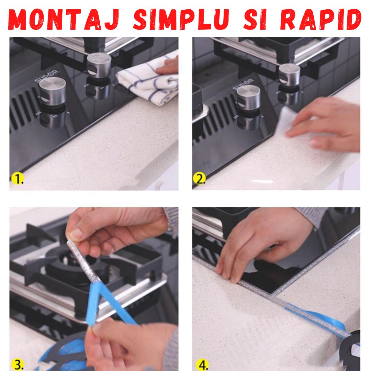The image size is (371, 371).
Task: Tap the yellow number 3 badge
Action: pos(18,364)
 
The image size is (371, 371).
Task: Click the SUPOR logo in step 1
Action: pos(46,76)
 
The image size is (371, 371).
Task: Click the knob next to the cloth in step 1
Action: pos(99,65)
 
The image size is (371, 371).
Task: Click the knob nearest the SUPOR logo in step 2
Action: pos(248,98)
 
